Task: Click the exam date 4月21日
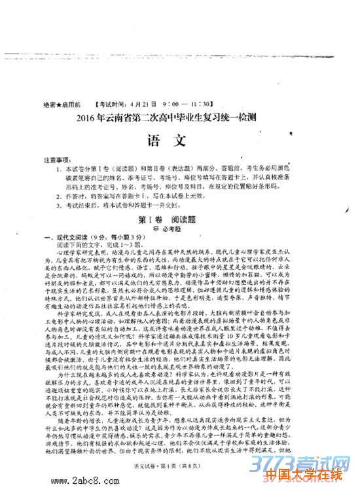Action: coord(145,104)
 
